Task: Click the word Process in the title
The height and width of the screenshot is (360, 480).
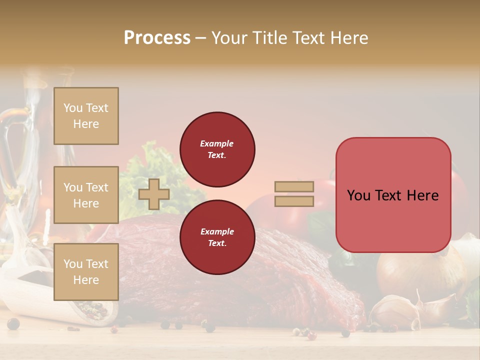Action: [x=157, y=38]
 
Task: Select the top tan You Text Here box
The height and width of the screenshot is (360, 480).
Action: [x=86, y=116]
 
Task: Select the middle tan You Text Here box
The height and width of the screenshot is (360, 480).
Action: [x=86, y=195]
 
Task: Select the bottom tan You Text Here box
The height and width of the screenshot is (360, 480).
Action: [x=86, y=271]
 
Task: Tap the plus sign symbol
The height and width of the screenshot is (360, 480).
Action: [x=154, y=194]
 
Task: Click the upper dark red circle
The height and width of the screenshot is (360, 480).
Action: [x=217, y=149]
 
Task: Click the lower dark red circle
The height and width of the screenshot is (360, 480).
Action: [x=217, y=237]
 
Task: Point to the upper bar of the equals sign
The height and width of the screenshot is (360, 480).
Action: [x=294, y=186]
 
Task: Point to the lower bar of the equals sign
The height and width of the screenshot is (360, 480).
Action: [x=294, y=201]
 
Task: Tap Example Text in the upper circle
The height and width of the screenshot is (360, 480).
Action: [x=217, y=149]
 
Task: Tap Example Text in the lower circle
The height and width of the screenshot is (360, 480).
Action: [x=217, y=237]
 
